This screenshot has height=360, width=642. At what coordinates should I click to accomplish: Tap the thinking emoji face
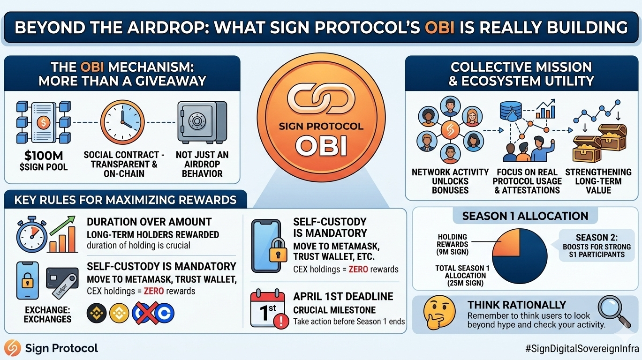tap(439, 313)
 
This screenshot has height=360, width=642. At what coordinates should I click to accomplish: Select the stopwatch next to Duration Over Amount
tap(32, 235)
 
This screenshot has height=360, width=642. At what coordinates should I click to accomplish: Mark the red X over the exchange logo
tap(145, 313)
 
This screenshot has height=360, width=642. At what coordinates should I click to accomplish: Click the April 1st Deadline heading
tap(343, 296)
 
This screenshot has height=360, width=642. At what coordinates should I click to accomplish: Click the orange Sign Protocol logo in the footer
tap(12, 348)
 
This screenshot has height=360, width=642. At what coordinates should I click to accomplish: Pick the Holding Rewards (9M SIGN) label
tap(453, 244)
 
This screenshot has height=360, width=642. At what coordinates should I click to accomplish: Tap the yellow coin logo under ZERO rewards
tap(119, 313)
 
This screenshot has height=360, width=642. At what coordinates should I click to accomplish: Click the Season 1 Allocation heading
tap(525, 216)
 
